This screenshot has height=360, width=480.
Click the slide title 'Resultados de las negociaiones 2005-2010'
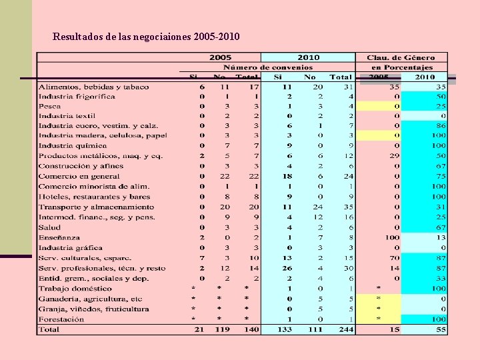coord(146,36)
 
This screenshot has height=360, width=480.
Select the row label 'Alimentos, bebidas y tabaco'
coord(93,87)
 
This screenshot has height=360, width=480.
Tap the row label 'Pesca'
coord(50,106)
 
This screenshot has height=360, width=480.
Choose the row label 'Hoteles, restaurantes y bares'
coord(94,197)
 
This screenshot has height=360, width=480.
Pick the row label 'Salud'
coord(50,227)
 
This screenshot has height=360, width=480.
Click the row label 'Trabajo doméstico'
coord(75,289)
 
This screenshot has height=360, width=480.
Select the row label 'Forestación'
coord(61,319)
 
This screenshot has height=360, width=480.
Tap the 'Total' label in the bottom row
coord(49,329)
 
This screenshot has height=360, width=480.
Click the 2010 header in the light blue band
coord(308,58)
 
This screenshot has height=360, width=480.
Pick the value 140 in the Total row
coord(251,329)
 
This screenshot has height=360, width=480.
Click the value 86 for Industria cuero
coord(441,125)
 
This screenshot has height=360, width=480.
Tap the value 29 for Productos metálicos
coord(394,155)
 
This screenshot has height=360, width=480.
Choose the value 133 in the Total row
coord(285,329)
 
